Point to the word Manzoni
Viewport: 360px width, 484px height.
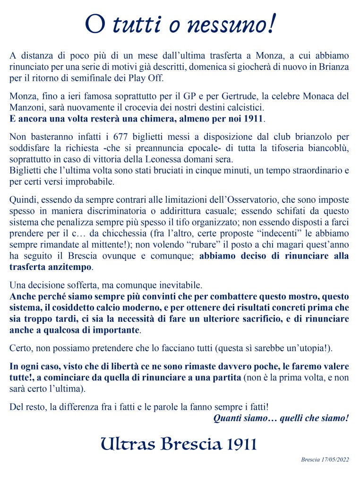coord(27,107)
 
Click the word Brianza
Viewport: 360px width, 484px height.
coord(333,67)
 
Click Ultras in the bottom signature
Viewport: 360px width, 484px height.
coord(129,444)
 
